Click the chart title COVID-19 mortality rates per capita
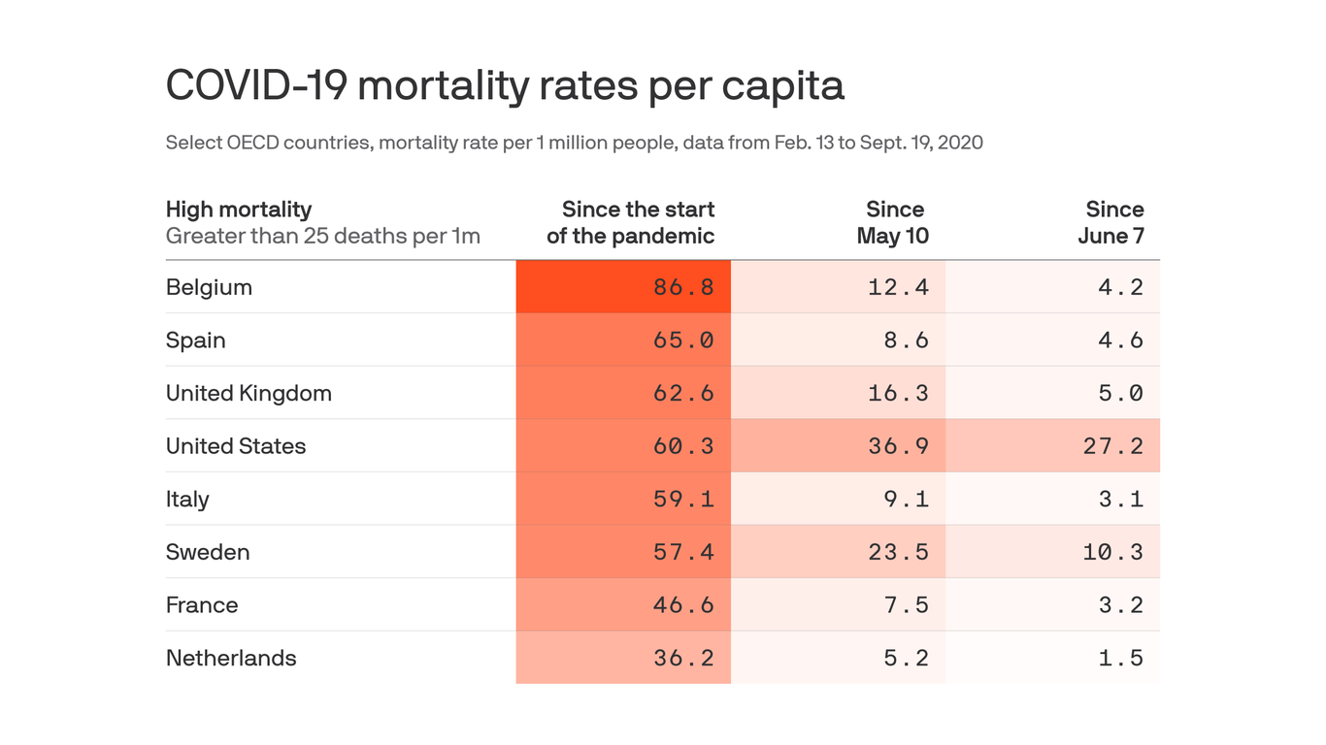coord(505,85)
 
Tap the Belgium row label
coord(209,287)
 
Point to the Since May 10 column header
coord(893,223)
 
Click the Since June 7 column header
coord(1111,223)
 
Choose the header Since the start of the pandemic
coord(631,223)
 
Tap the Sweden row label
coord(208,552)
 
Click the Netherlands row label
coord(231,658)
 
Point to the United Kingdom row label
coord(249,393)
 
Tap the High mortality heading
coord(239,210)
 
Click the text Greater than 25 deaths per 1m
coord(322,236)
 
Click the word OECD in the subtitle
coord(250,143)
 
